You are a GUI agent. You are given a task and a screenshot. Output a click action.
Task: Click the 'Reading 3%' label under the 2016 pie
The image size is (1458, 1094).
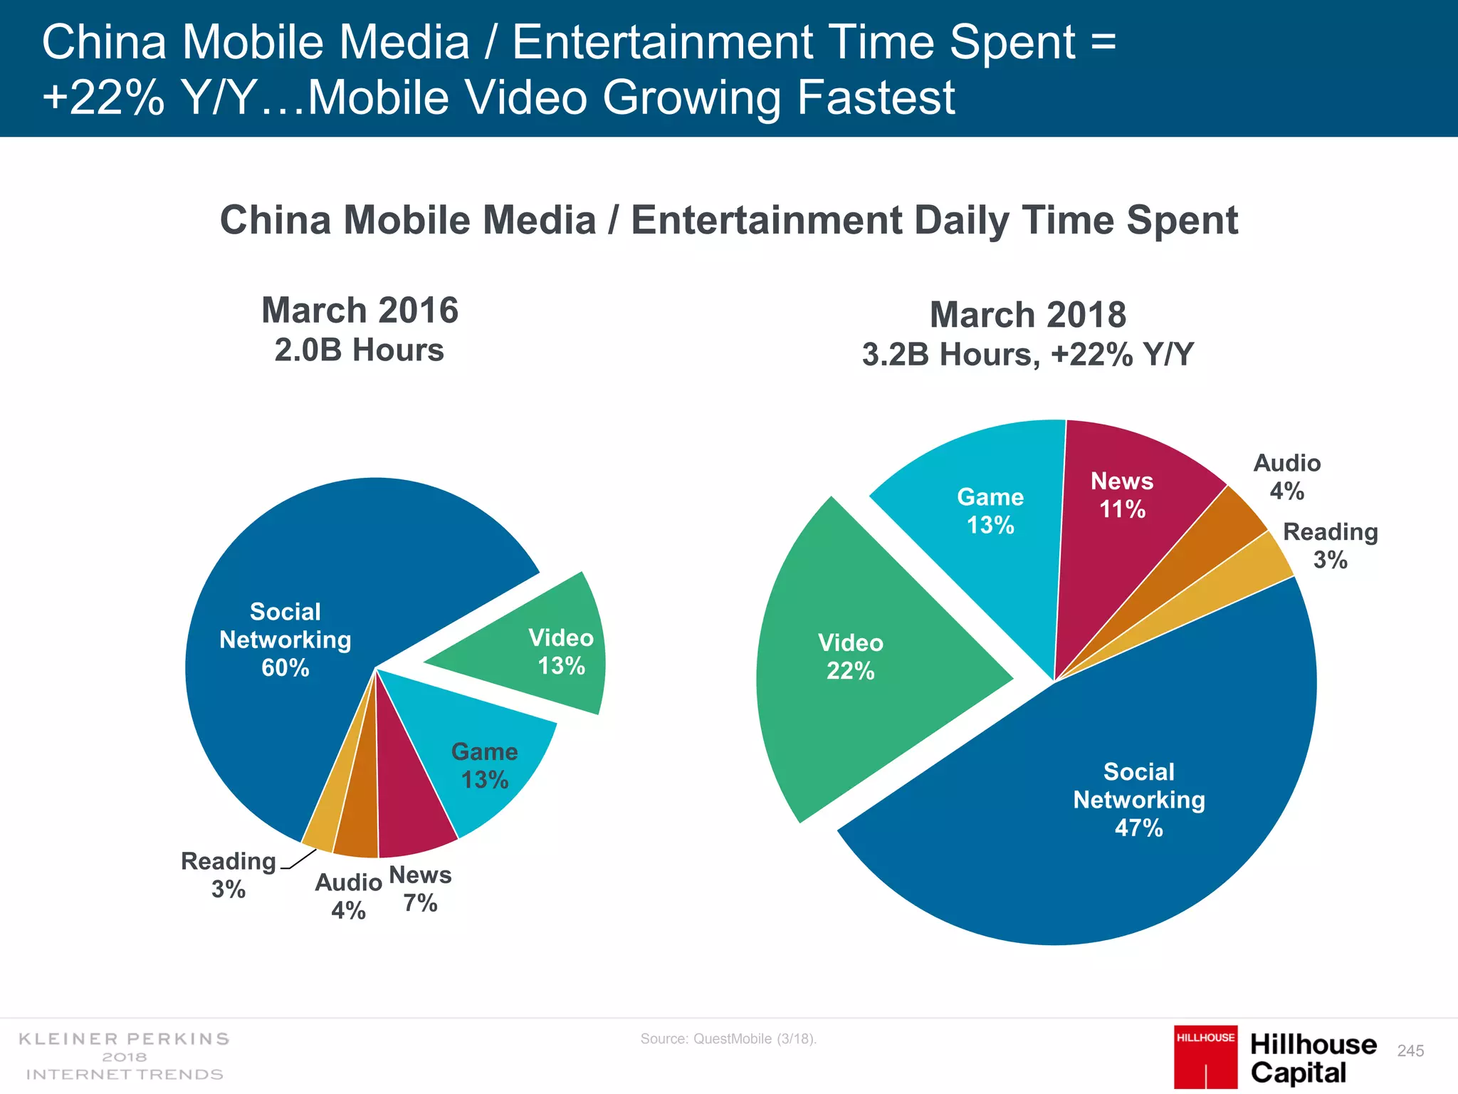[x=228, y=875]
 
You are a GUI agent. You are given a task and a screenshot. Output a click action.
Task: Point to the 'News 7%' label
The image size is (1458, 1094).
[x=420, y=888]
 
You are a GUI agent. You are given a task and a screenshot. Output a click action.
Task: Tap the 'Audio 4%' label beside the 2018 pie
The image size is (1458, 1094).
[x=1286, y=476]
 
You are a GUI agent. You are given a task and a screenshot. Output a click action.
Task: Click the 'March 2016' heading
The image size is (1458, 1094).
[x=360, y=311]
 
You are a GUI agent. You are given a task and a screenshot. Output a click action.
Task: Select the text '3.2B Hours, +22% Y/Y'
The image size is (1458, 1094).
[x=1027, y=355]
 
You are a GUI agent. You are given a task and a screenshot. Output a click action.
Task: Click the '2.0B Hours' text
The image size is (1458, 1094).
[x=360, y=350]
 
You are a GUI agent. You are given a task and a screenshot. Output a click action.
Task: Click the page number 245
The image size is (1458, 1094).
[x=1410, y=1051]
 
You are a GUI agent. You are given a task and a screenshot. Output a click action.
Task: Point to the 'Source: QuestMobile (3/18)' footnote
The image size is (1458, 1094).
[x=728, y=1038]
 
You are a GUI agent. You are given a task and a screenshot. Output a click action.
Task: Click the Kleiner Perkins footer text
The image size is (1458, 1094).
[x=125, y=1056]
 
